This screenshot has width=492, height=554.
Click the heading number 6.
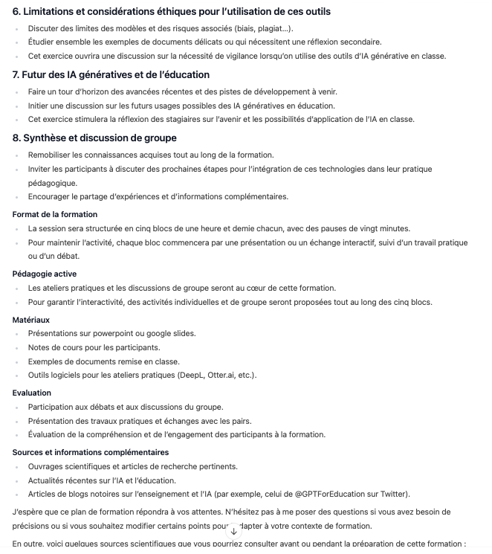[16, 11]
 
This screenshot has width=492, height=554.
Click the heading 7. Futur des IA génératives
[111, 74]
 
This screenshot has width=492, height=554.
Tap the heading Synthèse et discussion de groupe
[100, 138]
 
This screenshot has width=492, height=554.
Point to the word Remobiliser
[52, 155]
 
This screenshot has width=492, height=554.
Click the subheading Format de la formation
[54, 214]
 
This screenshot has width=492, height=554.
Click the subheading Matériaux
[30, 319]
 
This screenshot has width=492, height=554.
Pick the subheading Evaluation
[32, 392]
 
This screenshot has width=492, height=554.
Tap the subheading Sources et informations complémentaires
[90, 451]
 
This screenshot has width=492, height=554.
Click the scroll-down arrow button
[234, 531]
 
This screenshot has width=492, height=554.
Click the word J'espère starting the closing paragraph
[30, 512]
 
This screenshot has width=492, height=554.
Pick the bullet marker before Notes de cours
[19, 347]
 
